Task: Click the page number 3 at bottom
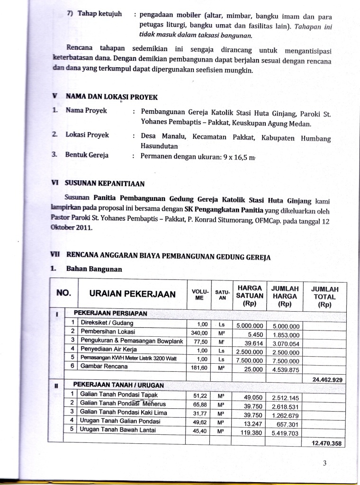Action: click(325, 464)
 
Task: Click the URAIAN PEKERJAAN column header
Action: click(130, 294)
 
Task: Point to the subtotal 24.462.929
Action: click(328, 379)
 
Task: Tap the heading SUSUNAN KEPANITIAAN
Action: click(105, 183)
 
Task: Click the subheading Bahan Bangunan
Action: click(94, 269)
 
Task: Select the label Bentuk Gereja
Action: click(87, 155)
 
